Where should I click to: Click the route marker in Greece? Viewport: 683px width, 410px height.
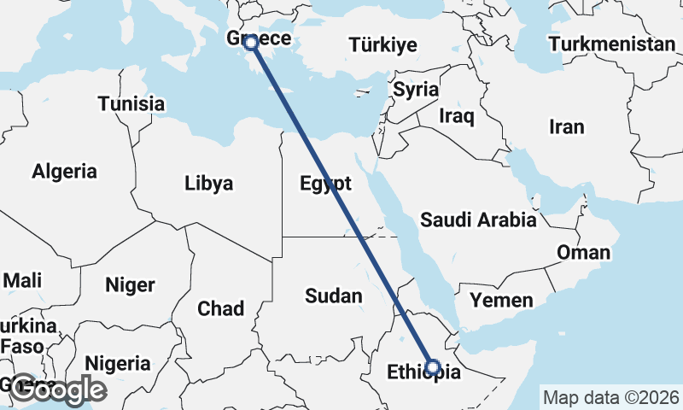251,42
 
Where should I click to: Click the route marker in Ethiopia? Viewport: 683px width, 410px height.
433,367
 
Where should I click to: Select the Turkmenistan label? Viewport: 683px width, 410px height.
612,44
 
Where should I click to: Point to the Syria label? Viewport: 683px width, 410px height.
416,89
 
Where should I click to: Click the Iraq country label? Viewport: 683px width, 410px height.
456,115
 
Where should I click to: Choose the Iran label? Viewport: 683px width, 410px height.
567,127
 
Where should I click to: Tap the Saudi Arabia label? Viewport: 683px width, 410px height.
478,220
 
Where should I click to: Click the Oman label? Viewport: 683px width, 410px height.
584,252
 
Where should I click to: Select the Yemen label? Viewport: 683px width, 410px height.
501,300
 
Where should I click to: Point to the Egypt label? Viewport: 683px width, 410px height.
325,183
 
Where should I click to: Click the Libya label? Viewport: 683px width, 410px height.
209,183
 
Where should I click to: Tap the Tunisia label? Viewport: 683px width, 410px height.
131,103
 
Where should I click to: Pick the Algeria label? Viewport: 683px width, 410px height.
65,171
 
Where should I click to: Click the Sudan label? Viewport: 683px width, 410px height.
334,296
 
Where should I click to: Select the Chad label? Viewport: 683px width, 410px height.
221,308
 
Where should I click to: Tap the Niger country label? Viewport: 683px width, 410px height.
130,284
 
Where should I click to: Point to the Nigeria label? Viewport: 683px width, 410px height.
112,362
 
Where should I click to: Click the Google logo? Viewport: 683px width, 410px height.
57,389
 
